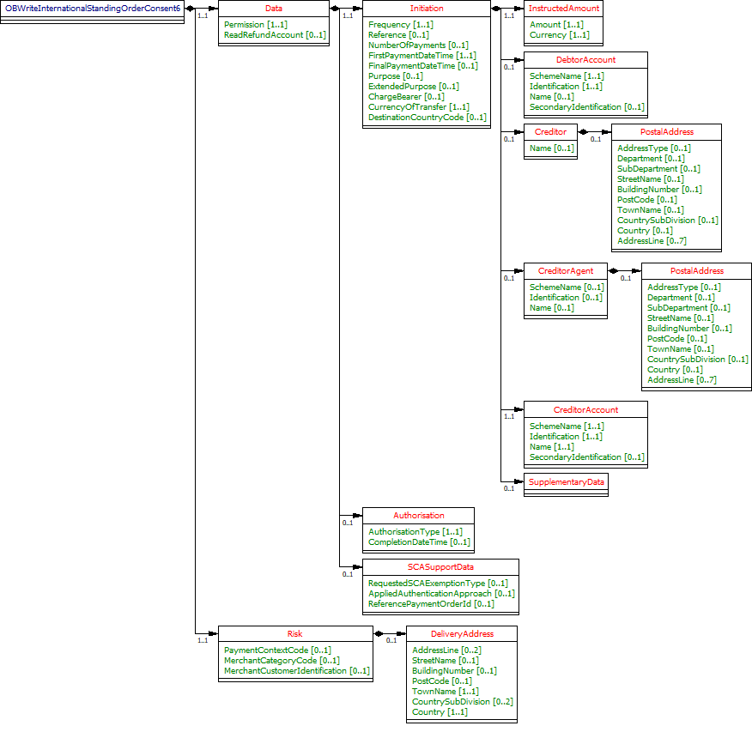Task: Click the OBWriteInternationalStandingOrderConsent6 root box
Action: click(x=93, y=8)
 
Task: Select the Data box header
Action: click(x=273, y=8)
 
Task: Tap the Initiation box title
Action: click(x=427, y=8)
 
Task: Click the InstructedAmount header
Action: click(x=563, y=8)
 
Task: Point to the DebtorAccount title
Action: click(x=585, y=60)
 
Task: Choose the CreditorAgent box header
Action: click(x=565, y=271)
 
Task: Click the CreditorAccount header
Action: click(x=585, y=410)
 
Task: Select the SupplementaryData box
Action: click(x=566, y=482)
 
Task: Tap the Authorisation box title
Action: click(x=418, y=516)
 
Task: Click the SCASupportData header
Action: click(x=440, y=567)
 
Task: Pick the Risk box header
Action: click(x=294, y=634)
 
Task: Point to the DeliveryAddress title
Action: click(x=462, y=634)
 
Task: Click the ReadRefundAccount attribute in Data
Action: click(x=275, y=35)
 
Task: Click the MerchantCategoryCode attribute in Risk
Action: click(x=282, y=661)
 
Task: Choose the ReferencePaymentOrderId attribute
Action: click(x=431, y=604)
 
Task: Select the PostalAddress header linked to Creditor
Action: click(x=666, y=132)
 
